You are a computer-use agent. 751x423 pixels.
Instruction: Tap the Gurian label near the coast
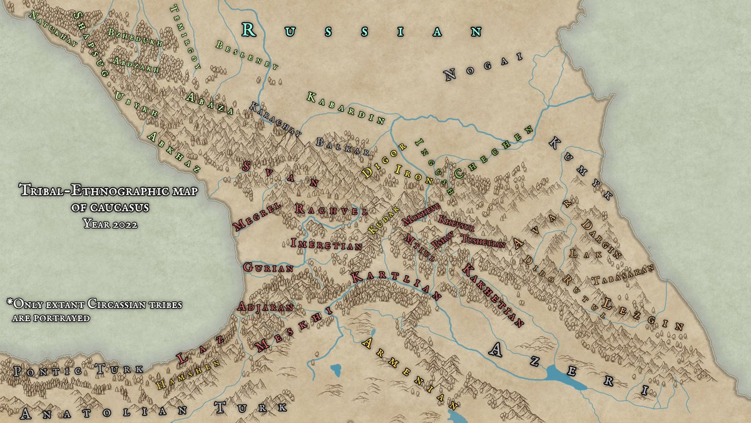click(268, 267)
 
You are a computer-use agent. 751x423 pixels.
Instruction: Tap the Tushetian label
click(483, 241)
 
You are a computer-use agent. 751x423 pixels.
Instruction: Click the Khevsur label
click(456, 222)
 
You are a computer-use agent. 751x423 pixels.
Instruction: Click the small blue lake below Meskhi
click(339, 369)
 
